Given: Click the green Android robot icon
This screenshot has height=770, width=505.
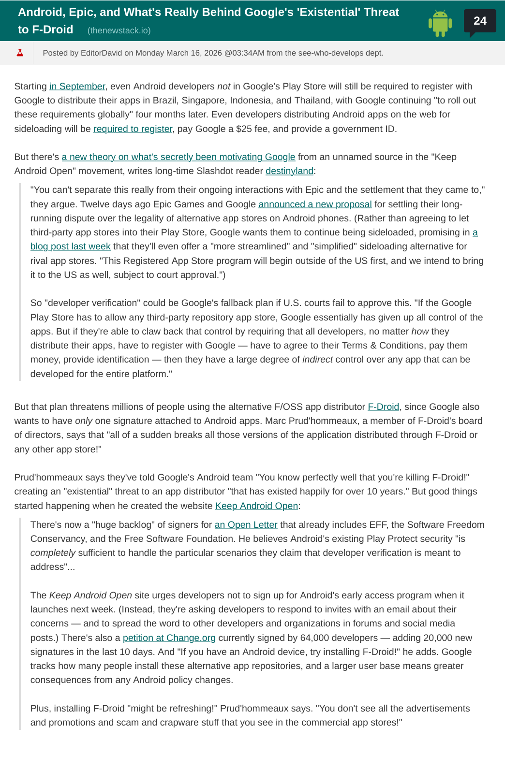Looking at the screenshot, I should [440, 23].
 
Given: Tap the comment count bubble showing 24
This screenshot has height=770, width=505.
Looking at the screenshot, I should [479, 21].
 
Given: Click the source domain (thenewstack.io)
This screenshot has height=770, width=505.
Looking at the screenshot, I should [119, 30].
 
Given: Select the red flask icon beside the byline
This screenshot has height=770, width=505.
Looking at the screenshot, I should [20, 53].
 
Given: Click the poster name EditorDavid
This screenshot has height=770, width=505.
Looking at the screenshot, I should [101, 53].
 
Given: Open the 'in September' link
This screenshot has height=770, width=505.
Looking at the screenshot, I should [77, 86].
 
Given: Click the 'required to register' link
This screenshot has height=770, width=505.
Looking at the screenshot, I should [133, 129].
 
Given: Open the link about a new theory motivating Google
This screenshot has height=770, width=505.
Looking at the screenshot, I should [178, 157].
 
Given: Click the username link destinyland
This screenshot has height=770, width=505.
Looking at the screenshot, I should [289, 171].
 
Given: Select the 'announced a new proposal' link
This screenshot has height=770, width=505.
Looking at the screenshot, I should [315, 204].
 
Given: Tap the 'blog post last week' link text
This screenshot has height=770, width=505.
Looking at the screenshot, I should [71, 246].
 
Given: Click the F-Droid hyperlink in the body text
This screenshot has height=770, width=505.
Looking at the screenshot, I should [383, 407].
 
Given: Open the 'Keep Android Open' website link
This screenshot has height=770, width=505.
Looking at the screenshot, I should [256, 506].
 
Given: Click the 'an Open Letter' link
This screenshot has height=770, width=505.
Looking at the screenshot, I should [246, 524].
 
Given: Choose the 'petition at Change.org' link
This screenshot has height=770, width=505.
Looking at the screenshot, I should [169, 638].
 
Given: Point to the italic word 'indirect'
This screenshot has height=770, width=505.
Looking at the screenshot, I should [317, 359].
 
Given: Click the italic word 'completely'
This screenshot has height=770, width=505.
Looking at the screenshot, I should [53, 552].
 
